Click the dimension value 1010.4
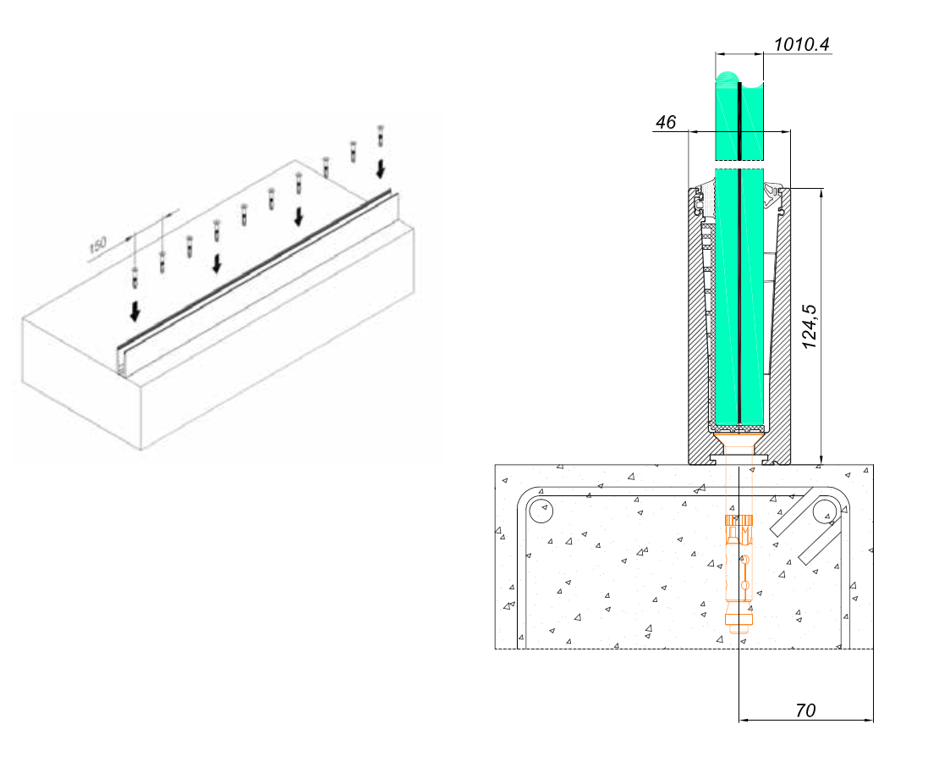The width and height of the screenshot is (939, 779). pos(801,44)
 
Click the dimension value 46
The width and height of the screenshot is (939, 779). pos(665,122)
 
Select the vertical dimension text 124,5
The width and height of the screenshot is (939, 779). pos(809,327)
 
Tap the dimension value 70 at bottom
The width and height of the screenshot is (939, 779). pos(805,710)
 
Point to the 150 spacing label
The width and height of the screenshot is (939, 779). pos(97,245)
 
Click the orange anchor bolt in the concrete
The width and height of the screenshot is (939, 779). pos(739,572)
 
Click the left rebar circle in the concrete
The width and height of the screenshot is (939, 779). pos(541,511)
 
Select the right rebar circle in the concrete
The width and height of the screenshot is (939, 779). pos(825,511)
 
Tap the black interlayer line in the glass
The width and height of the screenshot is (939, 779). pos(739,251)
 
